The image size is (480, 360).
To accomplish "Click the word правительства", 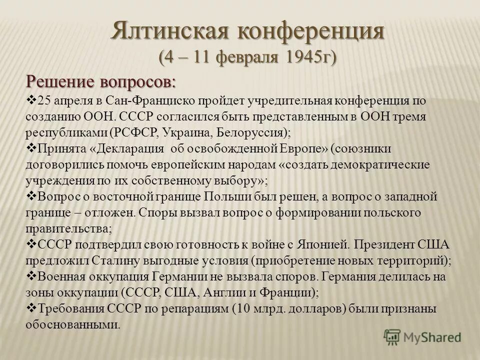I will pyautogui.click(x=68, y=228).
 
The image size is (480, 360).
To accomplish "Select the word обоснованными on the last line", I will pyautogui.click(x=72, y=324).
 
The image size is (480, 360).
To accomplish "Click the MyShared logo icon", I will pyautogui.click(x=393, y=337).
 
